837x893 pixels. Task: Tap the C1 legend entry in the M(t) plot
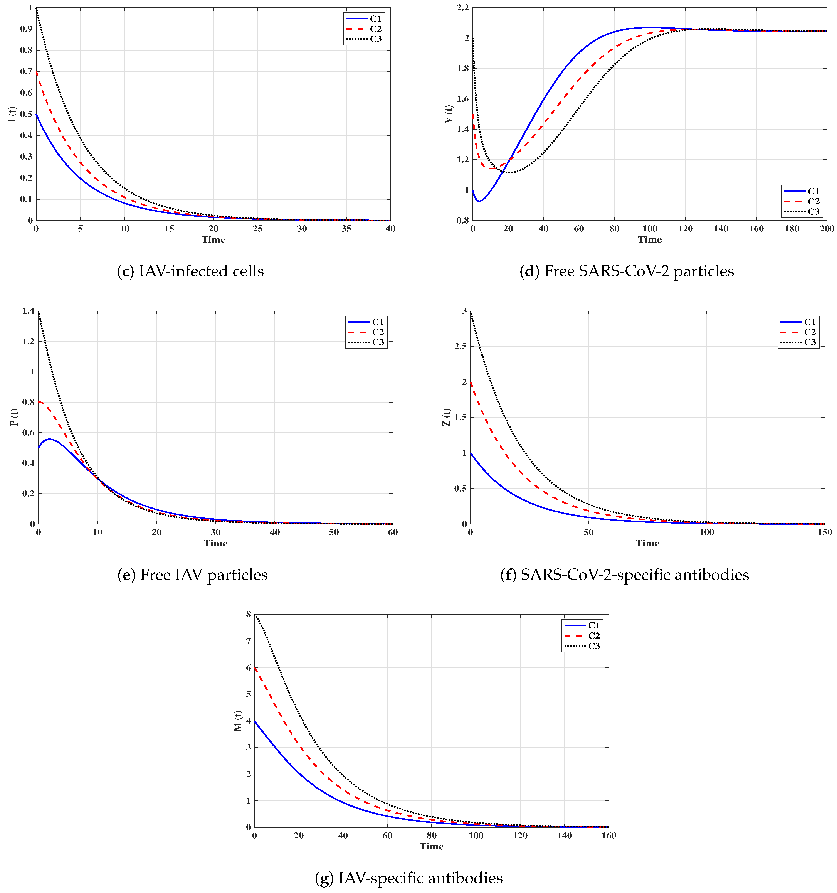(x=582, y=625)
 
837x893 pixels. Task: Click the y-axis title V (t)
(x=448, y=114)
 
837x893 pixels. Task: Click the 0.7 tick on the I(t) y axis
(x=26, y=71)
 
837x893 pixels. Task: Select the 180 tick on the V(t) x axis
(x=792, y=229)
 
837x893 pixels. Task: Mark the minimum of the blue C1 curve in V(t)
(x=480, y=201)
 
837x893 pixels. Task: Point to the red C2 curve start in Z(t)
(x=471, y=382)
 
